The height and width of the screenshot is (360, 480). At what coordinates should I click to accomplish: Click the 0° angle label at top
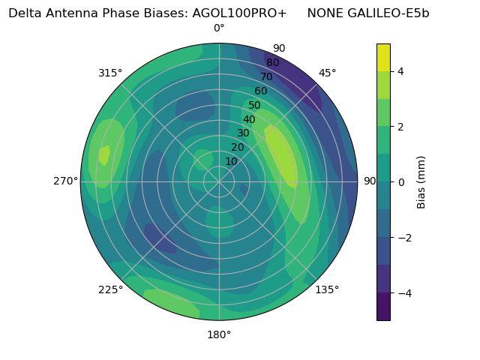coord(219,28)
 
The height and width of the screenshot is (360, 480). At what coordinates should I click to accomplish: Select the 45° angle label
coord(328,73)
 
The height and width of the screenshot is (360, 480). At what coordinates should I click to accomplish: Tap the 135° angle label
coord(327,289)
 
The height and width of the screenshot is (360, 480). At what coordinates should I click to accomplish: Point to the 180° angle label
coord(219,334)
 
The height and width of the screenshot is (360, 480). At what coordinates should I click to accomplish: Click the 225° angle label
coord(110,290)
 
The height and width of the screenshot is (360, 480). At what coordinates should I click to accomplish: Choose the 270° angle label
coord(66,181)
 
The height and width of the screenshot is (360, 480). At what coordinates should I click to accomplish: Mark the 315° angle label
coord(110,73)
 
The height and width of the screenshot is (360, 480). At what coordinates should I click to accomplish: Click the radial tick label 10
coord(231,161)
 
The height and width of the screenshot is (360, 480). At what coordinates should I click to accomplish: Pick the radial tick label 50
coord(254,106)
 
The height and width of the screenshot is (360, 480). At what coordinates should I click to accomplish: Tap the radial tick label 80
coord(272,63)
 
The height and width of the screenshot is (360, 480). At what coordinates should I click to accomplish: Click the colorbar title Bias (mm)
coord(421,181)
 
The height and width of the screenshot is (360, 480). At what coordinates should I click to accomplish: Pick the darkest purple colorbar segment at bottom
coord(383,307)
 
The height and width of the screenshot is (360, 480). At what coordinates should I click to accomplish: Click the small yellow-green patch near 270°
coord(104,154)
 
